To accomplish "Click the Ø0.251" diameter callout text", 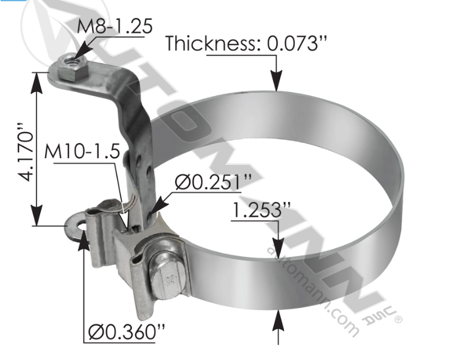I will tap(213, 182).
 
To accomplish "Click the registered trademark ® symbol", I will tap(397, 320).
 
